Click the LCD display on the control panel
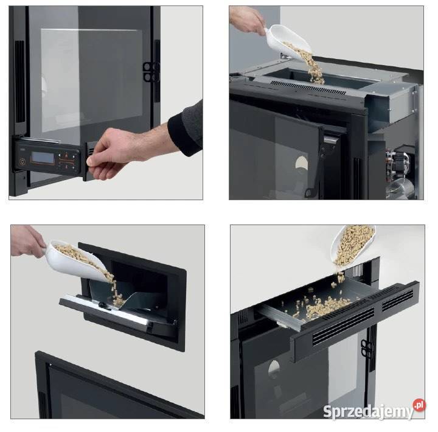(x=43, y=158)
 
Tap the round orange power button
(x=22, y=161)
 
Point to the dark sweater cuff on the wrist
(x=186, y=130)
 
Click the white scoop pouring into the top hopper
(x=288, y=41)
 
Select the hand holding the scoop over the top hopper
(x=247, y=20)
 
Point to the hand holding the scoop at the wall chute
(x=27, y=241)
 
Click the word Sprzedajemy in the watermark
(x=368, y=411)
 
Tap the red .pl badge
(x=419, y=405)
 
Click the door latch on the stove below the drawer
(x=366, y=348)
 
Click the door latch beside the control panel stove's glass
(x=151, y=72)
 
